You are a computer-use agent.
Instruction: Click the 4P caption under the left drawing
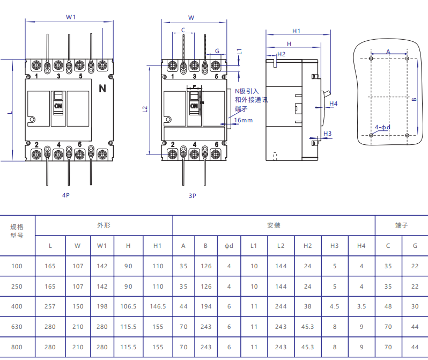(x=66, y=196)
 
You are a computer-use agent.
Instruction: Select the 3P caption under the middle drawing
(x=192, y=196)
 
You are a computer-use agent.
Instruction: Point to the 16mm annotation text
(x=243, y=120)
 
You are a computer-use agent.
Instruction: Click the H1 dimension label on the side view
(x=296, y=31)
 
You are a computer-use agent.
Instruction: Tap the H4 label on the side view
(x=333, y=103)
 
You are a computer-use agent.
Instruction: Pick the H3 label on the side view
(x=328, y=134)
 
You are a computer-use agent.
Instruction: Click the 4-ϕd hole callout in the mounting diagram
(x=382, y=127)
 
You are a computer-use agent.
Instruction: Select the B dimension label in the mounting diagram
(x=414, y=100)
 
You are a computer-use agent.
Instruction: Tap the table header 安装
(x=274, y=225)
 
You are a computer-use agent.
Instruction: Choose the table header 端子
(x=401, y=225)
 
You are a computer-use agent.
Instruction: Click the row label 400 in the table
(x=17, y=307)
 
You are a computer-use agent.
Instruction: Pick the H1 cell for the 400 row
(x=158, y=307)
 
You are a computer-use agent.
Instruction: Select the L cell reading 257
(x=50, y=307)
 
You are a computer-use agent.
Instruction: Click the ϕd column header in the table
(x=229, y=246)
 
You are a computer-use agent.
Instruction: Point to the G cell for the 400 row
(x=415, y=307)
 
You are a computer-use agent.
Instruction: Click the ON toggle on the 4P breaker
(x=58, y=105)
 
